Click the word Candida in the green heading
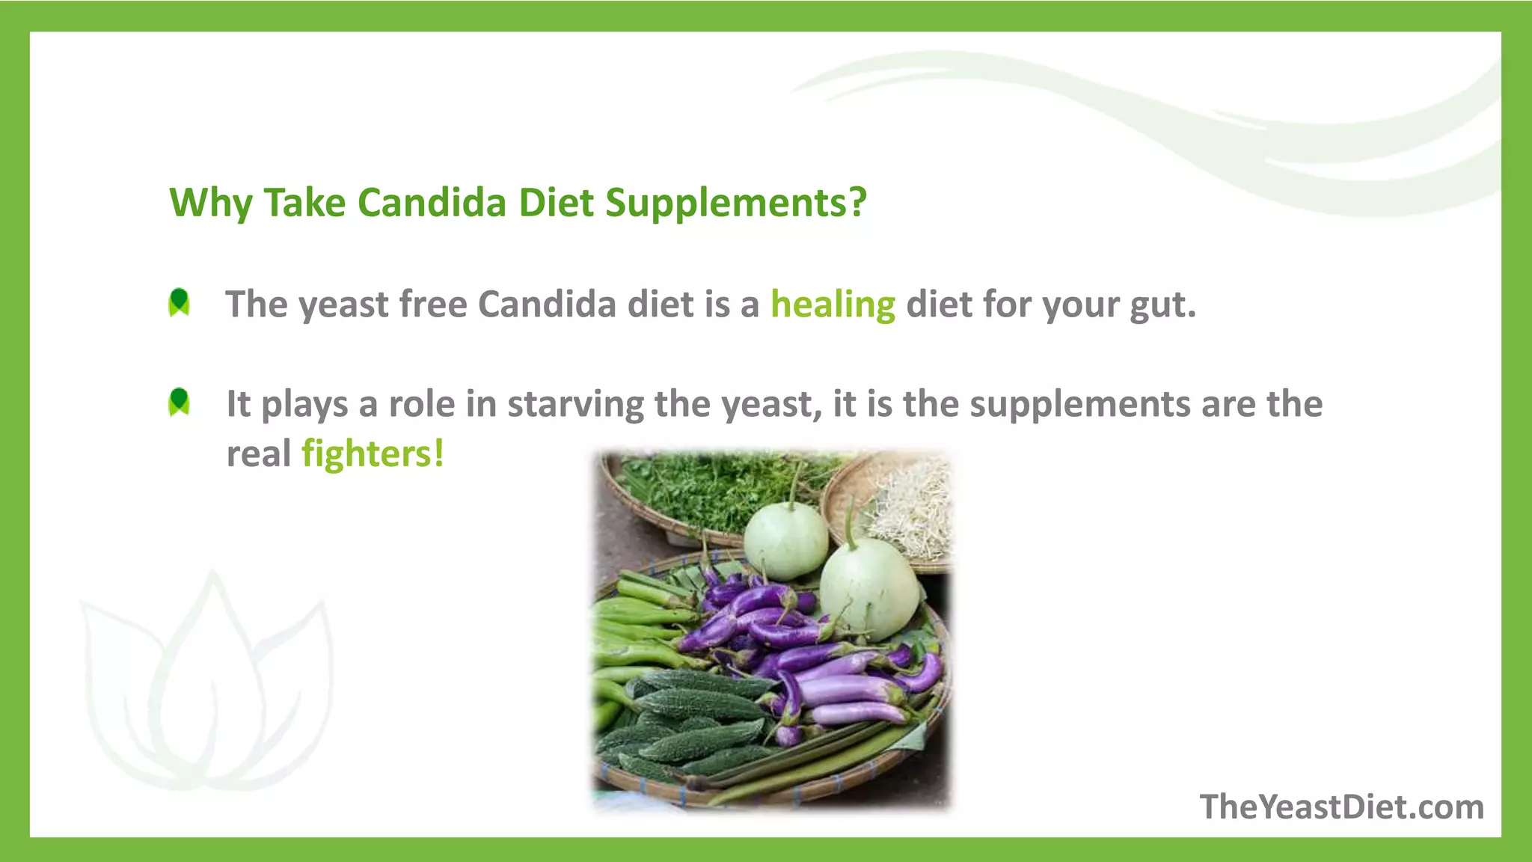(x=432, y=202)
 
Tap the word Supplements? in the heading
(x=736, y=202)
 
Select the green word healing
(x=833, y=305)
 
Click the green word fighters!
(x=373, y=454)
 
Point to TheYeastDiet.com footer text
(x=1342, y=807)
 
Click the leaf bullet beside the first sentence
(x=180, y=302)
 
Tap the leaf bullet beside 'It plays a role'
(x=180, y=402)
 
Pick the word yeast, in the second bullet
(x=771, y=405)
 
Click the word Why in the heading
(x=211, y=203)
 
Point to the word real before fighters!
(x=258, y=454)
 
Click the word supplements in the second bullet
(x=1080, y=404)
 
